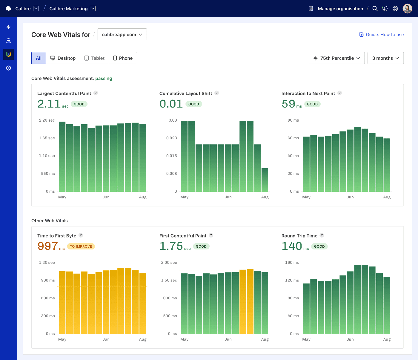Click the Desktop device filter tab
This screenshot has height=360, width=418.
point(63,58)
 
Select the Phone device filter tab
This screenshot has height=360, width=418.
point(123,58)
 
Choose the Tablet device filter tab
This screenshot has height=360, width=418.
point(94,58)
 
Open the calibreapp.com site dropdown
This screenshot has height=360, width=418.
point(122,34)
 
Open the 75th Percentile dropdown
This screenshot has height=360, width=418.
point(336,58)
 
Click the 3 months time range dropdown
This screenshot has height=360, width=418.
point(385,58)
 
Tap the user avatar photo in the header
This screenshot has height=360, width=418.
point(407,9)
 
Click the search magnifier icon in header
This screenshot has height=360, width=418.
point(375,9)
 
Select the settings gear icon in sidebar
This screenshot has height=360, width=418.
point(9,68)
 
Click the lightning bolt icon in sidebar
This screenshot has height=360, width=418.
point(9,27)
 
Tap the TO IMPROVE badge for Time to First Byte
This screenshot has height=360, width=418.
point(81,246)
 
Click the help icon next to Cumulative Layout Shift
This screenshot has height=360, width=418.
point(217,93)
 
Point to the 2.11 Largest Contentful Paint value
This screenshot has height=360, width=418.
point(49,104)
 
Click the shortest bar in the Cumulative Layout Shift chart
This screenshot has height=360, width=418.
point(265,180)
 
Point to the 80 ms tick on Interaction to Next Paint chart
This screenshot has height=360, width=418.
point(293,120)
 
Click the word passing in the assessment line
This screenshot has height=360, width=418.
point(104,78)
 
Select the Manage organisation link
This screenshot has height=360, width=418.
point(340,9)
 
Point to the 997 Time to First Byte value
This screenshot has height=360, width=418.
point(48,246)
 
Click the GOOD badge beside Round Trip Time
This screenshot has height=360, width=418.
point(319,246)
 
